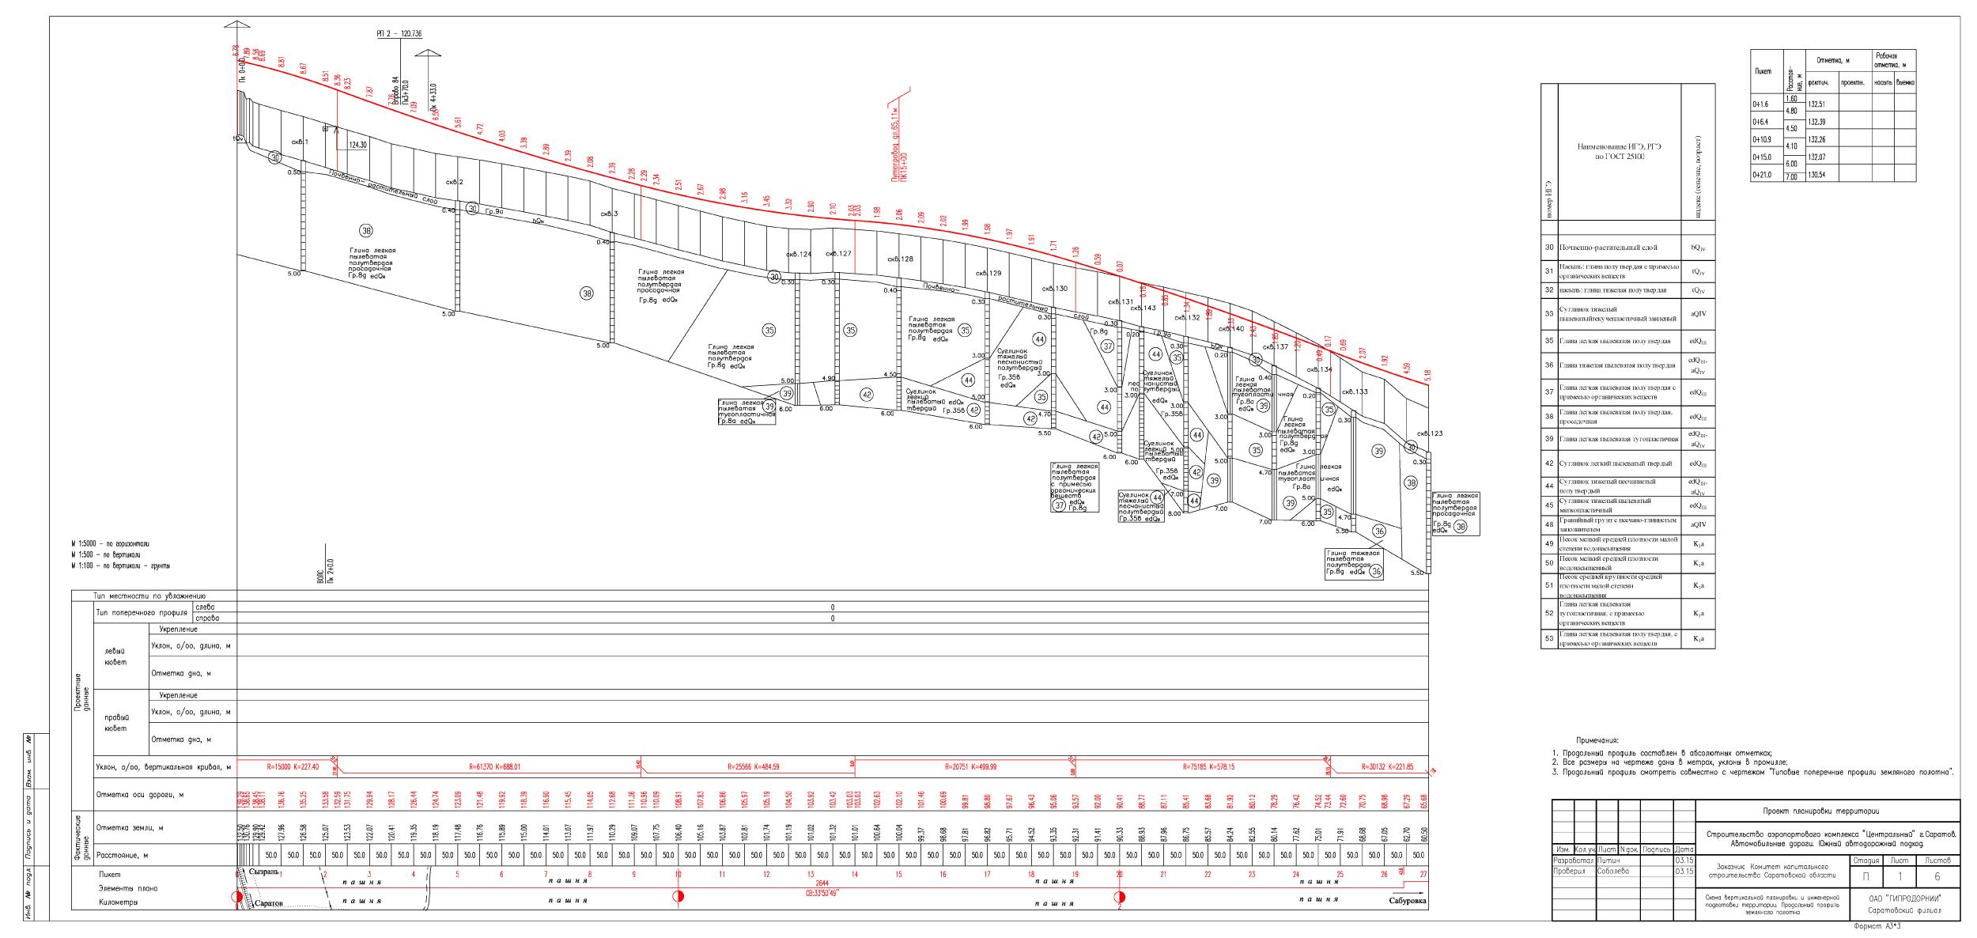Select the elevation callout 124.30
pos(357,146)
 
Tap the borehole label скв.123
pos(1430,433)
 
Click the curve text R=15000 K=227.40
pos(282,766)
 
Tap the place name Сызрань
pos(264,871)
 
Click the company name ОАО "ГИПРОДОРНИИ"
pos(1903,899)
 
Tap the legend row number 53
pos(1549,638)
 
